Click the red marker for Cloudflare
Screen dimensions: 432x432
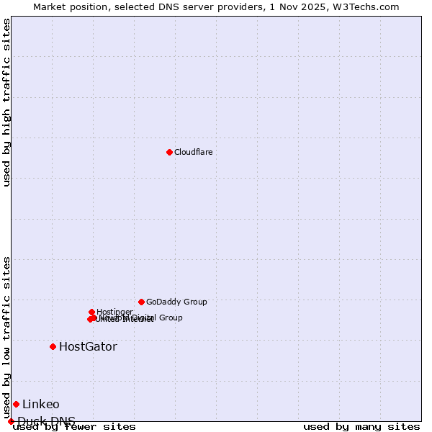click(x=169, y=152)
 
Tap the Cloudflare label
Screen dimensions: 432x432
click(x=193, y=152)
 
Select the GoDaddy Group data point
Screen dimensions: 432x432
click(x=141, y=302)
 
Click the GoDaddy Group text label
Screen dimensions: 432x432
click(x=176, y=302)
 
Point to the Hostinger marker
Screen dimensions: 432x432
click(x=91, y=312)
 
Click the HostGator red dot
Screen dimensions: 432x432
click(x=53, y=346)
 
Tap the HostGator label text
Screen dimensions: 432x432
click(x=88, y=347)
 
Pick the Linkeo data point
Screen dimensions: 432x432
click(x=16, y=404)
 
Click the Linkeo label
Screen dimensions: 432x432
click(x=41, y=405)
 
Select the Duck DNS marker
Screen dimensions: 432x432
click(x=11, y=421)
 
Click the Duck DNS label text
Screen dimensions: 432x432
click(x=46, y=421)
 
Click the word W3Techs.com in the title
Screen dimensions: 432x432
click(x=369, y=6)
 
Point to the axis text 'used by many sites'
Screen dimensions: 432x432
click(x=361, y=426)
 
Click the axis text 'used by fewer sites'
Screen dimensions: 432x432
click(x=74, y=426)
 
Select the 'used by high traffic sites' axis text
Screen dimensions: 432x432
click(x=6, y=102)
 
